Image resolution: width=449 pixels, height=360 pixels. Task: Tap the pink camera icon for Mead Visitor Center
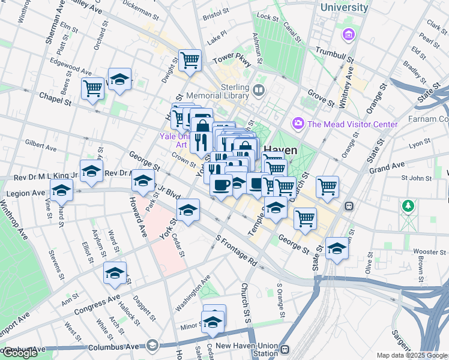coord(298,124)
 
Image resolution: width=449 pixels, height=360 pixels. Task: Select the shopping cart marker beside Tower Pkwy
coord(190,60)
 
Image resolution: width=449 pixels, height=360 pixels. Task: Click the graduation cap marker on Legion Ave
coord(61,191)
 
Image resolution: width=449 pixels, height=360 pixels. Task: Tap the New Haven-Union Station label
coord(247,349)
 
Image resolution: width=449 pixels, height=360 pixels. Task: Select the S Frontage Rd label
coord(238,251)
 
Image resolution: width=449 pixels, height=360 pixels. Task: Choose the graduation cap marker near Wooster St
coord(337,248)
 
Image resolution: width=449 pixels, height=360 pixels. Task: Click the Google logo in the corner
coord(19,353)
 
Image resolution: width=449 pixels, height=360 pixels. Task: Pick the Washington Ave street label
coord(193,292)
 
